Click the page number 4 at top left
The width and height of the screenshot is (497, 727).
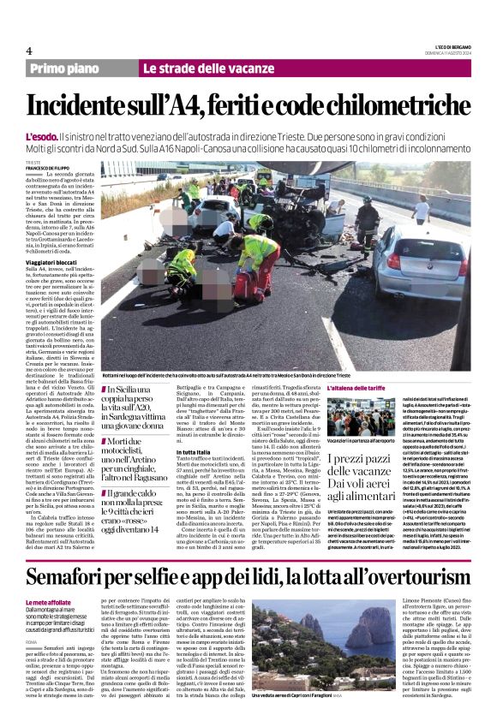click(x=29, y=51)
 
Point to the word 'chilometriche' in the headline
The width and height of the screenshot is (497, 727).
click(x=382, y=105)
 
